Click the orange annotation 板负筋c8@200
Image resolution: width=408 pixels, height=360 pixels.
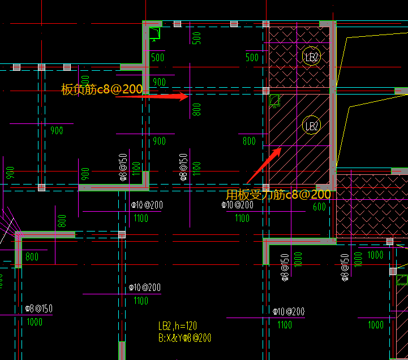pos(102,89)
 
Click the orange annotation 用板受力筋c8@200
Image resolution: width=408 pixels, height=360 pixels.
pos(278,194)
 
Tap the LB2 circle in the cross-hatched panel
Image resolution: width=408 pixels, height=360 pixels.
pos(312,57)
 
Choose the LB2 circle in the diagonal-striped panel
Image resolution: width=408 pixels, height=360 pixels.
pos(312,126)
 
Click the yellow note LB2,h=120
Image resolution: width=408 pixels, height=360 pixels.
pos(178,326)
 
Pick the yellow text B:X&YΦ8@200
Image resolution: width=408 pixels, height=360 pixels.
pos(185,338)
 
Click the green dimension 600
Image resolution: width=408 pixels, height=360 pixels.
pos(319,208)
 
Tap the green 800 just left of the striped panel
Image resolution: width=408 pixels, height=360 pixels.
pos(249,142)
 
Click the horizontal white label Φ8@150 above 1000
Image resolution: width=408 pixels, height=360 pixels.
pos(39,308)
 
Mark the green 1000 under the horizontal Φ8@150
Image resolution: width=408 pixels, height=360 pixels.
pos(35,322)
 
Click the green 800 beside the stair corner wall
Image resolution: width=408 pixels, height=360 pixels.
pos(32,257)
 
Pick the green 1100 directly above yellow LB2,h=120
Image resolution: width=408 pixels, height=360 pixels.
pos(141,301)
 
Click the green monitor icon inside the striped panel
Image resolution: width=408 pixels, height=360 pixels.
pos(275,101)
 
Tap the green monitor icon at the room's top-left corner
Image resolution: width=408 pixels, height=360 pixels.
pos(154,34)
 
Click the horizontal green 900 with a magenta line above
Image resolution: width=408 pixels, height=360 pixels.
pos(57,131)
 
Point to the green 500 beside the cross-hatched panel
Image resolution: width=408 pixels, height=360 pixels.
pos(252,58)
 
